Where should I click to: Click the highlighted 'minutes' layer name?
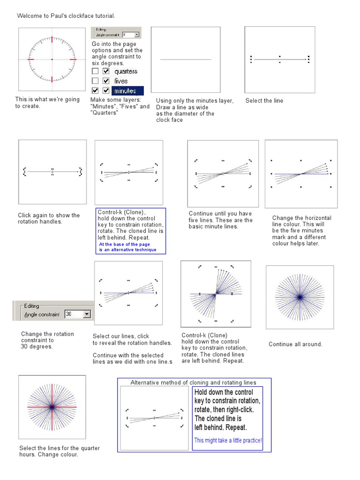click(x=127, y=90)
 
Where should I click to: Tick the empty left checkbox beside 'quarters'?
click(x=95, y=71)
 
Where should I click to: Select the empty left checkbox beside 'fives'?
click(x=95, y=81)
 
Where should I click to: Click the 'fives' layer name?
click(x=121, y=81)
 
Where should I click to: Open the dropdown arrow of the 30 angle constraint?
click(x=87, y=314)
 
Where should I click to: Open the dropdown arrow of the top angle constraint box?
click(x=136, y=35)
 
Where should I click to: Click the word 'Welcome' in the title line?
click(x=29, y=16)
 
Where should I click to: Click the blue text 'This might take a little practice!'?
click(x=228, y=441)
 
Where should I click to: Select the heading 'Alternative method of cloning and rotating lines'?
click(x=194, y=382)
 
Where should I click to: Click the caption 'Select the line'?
click(x=264, y=101)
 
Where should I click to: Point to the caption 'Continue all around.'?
click(x=295, y=344)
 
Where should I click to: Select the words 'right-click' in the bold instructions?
click(x=244, y=410)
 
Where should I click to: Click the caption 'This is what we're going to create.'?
click(x=47, y=103)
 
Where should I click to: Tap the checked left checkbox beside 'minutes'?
click(x=95, y=90)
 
